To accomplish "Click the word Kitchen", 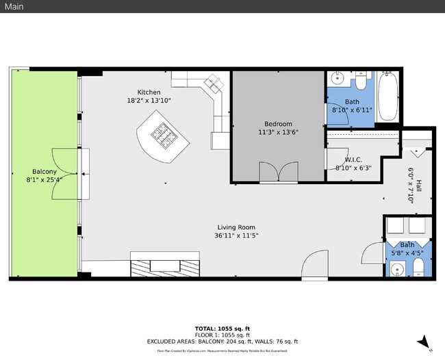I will pos(149,92).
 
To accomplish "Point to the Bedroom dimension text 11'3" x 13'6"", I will pos(277,132).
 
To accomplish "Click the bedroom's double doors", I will pos(278,172).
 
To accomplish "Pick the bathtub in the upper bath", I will pos(387,98).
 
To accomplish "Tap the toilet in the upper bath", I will pos(361,81).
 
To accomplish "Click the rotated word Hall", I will pos(418,186).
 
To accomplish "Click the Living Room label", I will pos(236,227).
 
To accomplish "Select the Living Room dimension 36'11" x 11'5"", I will pos(236,236).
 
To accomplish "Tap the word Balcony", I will pos(44,172).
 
